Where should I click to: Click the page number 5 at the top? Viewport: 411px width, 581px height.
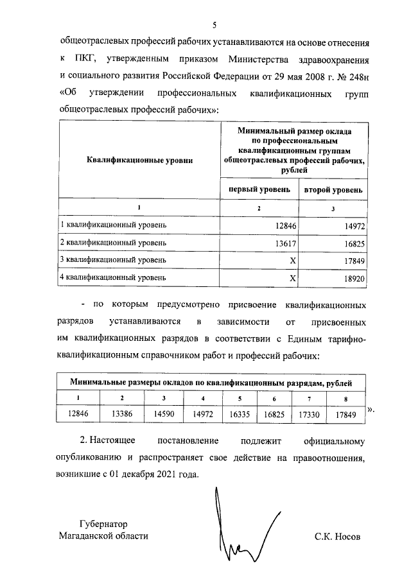click(x=214, y=25)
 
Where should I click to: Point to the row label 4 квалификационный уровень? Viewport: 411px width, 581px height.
click(x=113, y=278)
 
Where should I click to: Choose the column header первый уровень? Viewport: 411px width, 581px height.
click(x=259, y=190)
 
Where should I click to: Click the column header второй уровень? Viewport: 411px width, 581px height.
click(x=333, y=190)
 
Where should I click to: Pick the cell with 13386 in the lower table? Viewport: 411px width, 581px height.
click(x=121, y=414)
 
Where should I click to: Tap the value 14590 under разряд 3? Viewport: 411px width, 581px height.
click(x=164, y=414)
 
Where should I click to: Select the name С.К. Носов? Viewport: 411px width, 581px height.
click(x=338, y=536)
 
